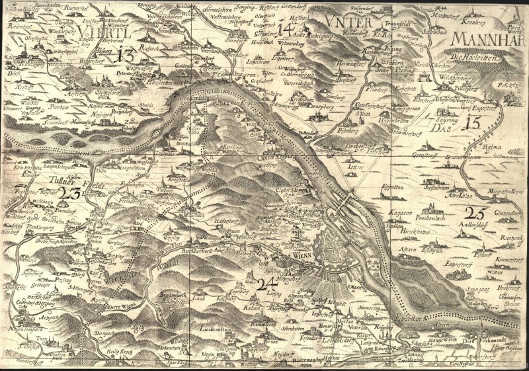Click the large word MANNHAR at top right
487,38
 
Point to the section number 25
475,213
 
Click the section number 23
69,193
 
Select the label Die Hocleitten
473,58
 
